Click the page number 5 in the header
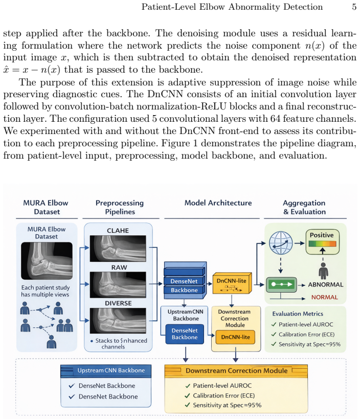click(x=354, y=7)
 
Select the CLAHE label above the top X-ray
click(x=118, y=231)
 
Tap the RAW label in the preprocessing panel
click(x=119, y=267)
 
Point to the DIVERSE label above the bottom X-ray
click(x=118, y=303)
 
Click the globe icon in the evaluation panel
click(x=281, y=243)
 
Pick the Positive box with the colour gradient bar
click(x=322, y=242)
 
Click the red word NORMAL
click(x=325, y=297)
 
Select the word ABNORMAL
click(x=326, y=284)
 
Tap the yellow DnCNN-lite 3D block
click(x=232, y=283)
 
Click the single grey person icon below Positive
click(x=323, y=271)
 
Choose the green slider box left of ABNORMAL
click(x=281, y=284)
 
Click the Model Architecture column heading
click(x=218, y=203)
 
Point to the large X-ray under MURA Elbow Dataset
click(x=47, y=261)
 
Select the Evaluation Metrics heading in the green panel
click(x=298, y=314)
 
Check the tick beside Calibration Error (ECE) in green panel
click(x=274, y=334)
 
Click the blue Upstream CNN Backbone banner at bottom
click(x=106, y=371)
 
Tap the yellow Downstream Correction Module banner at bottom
click(x=236, y=371)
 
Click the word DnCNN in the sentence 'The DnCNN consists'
click(x=165, y=94)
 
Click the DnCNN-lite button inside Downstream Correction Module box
click(x=235, y=337)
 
